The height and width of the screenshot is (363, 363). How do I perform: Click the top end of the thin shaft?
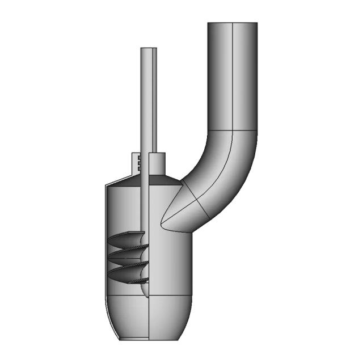click(x=149, y=49)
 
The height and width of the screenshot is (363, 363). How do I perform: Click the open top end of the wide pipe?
click(x=233, y=23)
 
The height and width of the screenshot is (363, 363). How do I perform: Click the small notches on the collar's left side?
click(x=138, y=163)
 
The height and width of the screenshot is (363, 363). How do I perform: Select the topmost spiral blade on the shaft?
click(x=128, y=241)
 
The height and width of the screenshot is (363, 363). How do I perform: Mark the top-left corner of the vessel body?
click(x=107, y=186)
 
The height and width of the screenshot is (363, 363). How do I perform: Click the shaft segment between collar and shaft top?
click(x=149, y=102)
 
